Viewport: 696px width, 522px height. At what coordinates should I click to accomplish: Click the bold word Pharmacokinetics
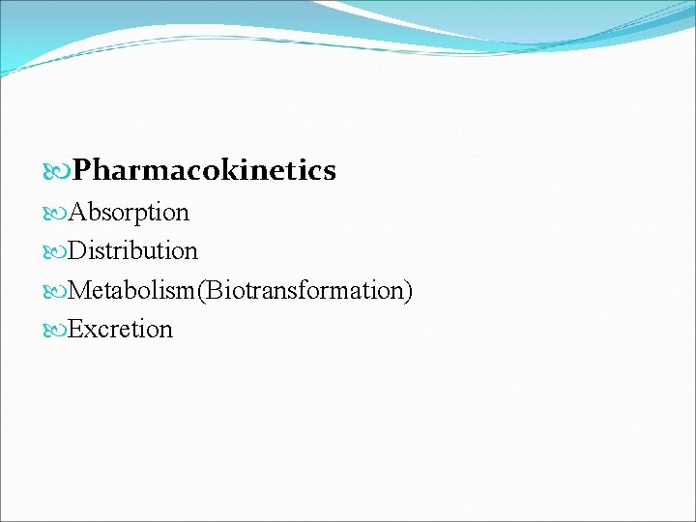click(204, 171)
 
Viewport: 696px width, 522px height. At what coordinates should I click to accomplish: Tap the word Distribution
click(133, 251)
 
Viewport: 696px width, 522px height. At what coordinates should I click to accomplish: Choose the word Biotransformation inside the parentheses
click(304, 290)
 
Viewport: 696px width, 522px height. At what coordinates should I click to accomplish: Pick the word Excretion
click(121, 330)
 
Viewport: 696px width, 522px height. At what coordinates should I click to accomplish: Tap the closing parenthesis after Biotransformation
click(408, 290)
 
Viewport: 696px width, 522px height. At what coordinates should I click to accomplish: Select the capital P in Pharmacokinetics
click(81, 171)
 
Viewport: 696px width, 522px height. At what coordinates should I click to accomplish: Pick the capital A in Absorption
click(77, 212)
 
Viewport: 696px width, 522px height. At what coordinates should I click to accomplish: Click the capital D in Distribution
click(77, 251)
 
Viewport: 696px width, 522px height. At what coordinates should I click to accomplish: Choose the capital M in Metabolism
click(79, 290)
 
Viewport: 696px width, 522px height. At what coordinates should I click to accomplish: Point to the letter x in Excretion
click(90, 331)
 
